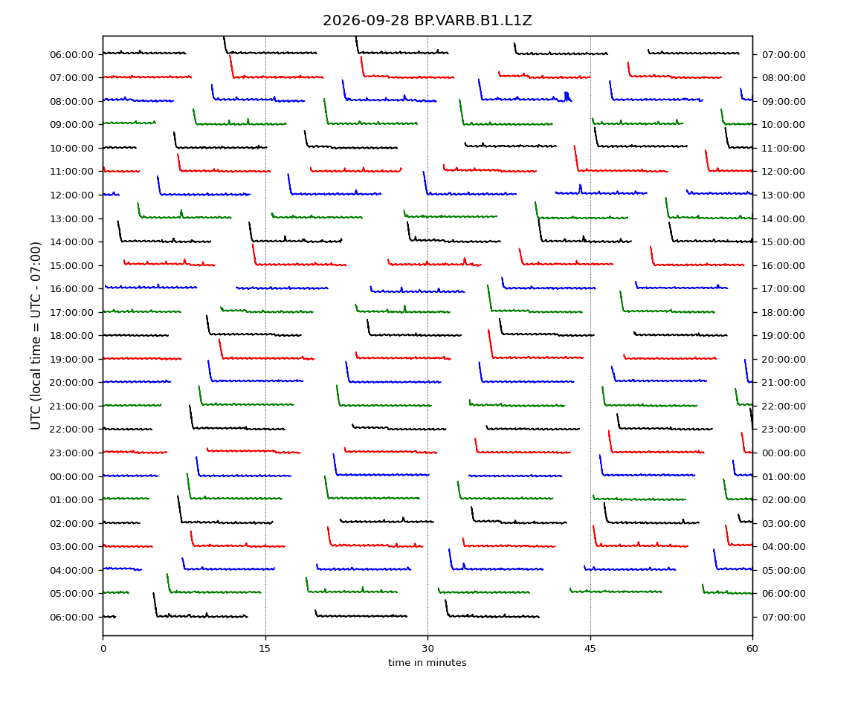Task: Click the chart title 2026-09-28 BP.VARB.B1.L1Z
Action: pyautogui.click(x=427, y=21)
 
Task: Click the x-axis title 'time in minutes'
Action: pyautogui.click(x=427, y=662)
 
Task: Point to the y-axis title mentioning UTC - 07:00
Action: pyautogui.click(x=36, y=336)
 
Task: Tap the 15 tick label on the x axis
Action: pyautogui.click(x=265, y=648)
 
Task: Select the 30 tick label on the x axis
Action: pyautogui.click(x=427, y=648)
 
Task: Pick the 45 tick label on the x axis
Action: pyautogui.click(x=590, y=648)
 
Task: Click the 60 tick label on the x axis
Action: pyautogui.click(x=752, y=648)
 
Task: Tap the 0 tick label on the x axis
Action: pyautogui.click(x=103, y=648)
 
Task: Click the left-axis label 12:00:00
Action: pyautogui.click(x=71, y=195)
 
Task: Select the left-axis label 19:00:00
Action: pyautogui.click(x=71, y=359)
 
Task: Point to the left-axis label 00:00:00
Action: pyautogui.click(x=71, y=476)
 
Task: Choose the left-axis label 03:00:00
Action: pyautogui.click(x=71, y=547)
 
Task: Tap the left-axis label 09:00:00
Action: pyautogui.click(x=71, y=125)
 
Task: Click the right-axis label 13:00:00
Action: pyautogui.click(x=784, y=195)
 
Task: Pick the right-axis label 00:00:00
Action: pyautogui.click(x=784, y=453)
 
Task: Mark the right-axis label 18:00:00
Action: pyautogui.click(x=784, y=312)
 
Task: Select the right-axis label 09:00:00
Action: pyautogui.click(x=784, y=101)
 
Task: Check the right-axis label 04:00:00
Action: pyautogui.click(x=784, y=547)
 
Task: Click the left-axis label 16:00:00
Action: pyautogui.click(x=71, y=289)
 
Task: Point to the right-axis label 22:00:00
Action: pyautogui.click(x=784, y=407)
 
